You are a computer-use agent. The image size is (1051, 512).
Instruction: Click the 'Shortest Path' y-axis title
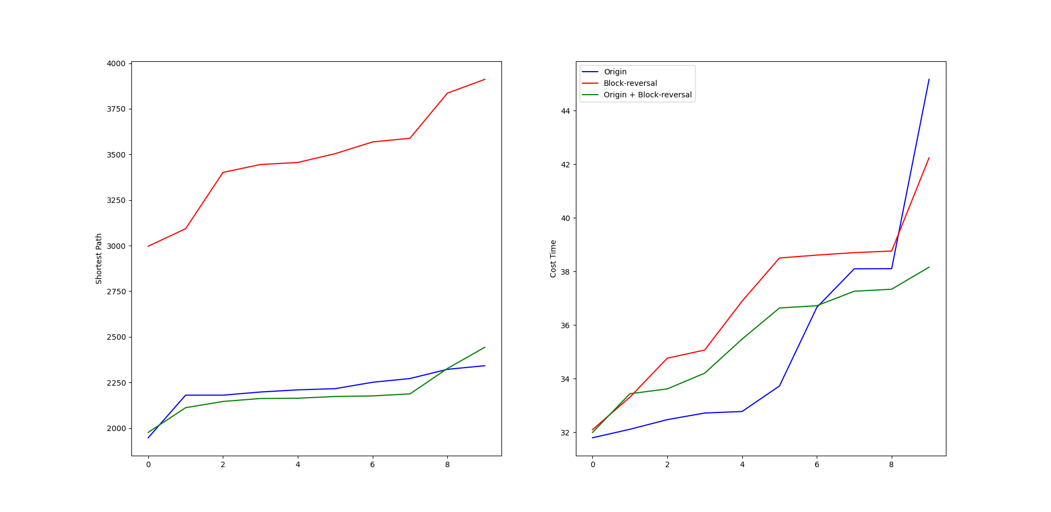pos(99,259)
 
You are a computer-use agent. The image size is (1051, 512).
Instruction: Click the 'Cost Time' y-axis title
pos(553,259)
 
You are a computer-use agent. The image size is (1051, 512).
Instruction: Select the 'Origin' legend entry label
pos(615,72)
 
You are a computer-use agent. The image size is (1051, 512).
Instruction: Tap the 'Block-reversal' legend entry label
pos(630,83)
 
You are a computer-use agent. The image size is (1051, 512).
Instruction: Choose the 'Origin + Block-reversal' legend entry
pos(648,95)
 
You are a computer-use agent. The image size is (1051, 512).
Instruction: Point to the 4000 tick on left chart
pos(116,63)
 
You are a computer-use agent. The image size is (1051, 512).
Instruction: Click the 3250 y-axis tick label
pos(116,200)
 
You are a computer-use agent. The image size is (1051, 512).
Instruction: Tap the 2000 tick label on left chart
pos(116,428)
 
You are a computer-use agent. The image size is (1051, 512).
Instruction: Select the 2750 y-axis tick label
pos(116,292)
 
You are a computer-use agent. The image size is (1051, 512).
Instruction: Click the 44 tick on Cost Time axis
pos(565,111)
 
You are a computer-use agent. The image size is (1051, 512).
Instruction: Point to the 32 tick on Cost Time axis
pos(565,433)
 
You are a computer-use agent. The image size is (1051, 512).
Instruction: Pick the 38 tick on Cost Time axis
pos(565,272)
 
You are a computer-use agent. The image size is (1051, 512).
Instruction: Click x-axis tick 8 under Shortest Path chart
pos(447,465)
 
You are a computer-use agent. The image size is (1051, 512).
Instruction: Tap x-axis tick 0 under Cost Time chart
pos(592,465)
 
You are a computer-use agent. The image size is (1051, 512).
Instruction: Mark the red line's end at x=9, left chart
pos(485,79)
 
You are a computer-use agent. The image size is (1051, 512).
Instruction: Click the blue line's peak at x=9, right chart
pos(929,79)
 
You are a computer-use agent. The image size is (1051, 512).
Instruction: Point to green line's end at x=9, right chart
pos(929,267)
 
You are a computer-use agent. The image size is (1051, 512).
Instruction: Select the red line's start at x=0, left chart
pos(148,246)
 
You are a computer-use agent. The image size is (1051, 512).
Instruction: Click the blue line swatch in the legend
pos(590,72)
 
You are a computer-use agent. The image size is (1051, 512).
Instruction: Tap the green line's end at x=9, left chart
pos(485,347)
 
